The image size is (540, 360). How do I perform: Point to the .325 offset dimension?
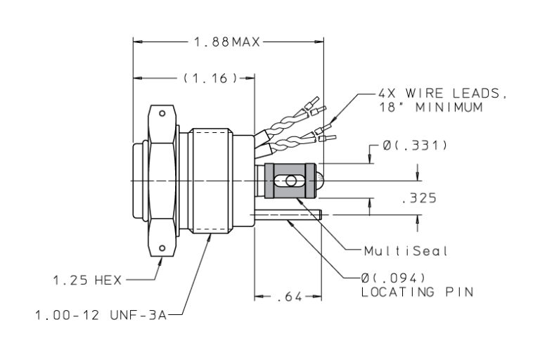point(418,198)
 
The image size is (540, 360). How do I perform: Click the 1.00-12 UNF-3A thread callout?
point(101,316)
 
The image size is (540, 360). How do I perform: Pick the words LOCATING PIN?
point(416,292)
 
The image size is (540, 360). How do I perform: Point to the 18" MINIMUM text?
point(430,108)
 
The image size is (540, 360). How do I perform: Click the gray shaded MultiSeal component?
point(289,181)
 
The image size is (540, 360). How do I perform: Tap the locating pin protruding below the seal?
point(288,214)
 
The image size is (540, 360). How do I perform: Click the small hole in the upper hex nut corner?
point(162,112)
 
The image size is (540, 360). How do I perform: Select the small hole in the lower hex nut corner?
point(162,248)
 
